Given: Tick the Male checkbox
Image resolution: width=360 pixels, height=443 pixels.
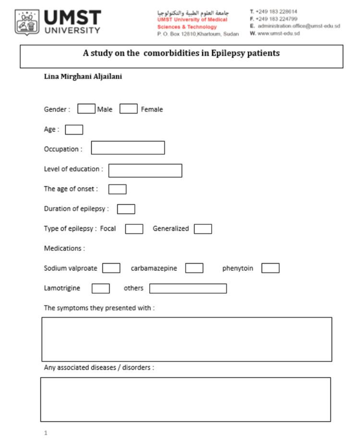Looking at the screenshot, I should point(86,109).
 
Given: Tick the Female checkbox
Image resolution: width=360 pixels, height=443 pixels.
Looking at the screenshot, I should point(129,109).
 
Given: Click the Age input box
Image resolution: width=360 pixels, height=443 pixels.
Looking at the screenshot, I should point(74,130).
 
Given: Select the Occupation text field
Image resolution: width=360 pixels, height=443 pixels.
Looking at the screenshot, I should point(128,148).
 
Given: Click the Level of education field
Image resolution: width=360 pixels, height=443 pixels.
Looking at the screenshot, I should point(145,171).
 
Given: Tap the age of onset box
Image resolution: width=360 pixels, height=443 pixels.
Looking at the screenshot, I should point(117,189).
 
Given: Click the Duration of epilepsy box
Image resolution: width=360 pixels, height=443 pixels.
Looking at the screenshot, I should point(126,209).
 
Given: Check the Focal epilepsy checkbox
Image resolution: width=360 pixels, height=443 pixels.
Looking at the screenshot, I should point(134,229).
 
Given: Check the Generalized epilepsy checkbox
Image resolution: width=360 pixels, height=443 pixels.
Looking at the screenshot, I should point(203,229).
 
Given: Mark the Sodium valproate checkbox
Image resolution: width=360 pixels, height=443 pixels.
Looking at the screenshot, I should point(111,268).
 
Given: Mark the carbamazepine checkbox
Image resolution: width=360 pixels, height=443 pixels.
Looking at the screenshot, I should point(194,268).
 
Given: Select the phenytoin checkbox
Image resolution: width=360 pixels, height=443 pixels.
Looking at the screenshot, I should point(270,268).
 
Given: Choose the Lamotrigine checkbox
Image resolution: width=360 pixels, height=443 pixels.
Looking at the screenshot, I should point(100,288).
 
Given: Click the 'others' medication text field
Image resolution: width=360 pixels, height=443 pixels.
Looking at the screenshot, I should point(188,288).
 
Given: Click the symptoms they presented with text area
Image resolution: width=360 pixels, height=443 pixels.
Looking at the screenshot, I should point(187,339).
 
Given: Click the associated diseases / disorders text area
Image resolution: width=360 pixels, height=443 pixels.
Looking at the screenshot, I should point(186,399).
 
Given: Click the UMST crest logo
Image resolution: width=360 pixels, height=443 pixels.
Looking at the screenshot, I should point(27,22).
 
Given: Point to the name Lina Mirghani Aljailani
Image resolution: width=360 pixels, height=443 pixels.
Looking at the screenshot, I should point(83,76).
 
